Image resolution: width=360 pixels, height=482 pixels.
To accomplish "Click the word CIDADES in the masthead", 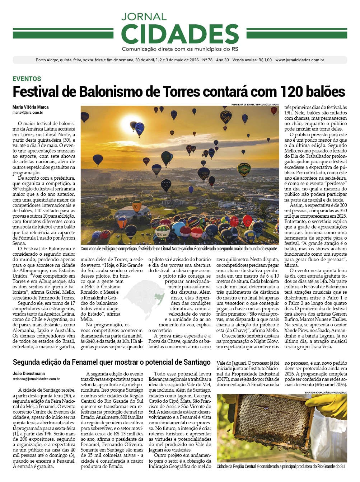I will point(180,34).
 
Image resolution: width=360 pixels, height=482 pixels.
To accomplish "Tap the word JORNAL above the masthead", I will point(144,16).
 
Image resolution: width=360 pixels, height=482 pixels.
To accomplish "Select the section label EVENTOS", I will point(27,79).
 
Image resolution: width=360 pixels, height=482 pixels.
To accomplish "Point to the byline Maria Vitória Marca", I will point(31,107).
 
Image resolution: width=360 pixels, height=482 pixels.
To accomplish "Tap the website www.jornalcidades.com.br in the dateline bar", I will point(300,60).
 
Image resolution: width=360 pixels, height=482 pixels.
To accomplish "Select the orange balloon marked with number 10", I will point(136,206).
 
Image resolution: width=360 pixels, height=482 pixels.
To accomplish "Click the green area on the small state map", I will point(158,297).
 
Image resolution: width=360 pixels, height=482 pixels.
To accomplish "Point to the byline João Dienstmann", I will point(29,373).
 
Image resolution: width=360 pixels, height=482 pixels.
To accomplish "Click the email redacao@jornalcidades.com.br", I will point(36,379).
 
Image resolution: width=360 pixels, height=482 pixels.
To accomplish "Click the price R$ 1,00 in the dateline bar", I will point(265,60).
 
